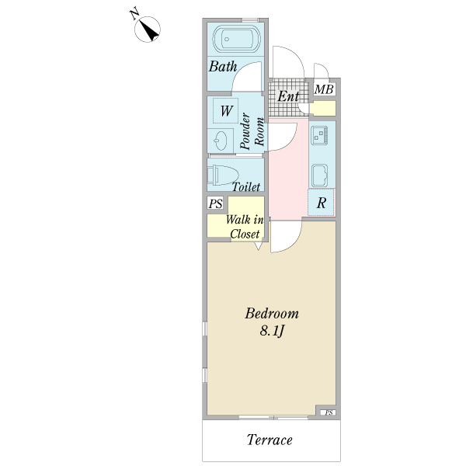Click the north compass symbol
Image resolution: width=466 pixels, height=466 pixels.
147,30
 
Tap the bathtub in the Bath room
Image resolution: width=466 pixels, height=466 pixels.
237,39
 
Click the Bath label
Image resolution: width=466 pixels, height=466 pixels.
223,66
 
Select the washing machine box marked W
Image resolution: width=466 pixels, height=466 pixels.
225,110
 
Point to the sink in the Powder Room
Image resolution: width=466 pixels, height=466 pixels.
220,141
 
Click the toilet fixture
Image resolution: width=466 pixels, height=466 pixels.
223,175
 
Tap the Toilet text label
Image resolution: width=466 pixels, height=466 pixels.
245,187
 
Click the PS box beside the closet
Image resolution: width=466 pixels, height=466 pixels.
215,203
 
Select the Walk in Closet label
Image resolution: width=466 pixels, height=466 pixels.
245,227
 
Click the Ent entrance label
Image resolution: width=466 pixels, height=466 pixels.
288,96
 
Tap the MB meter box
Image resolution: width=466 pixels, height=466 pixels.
324,89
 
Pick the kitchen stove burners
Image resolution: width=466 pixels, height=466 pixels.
319,135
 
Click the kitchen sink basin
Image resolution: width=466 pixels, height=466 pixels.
319,176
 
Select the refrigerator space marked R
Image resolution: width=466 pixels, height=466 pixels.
321,203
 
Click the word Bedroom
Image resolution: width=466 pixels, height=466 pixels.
272,314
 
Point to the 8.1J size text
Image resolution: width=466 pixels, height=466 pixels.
273,331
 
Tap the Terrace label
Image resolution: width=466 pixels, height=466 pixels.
270,440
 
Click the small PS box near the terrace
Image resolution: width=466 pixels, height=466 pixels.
329,412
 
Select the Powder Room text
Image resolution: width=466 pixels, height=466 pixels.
252,132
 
